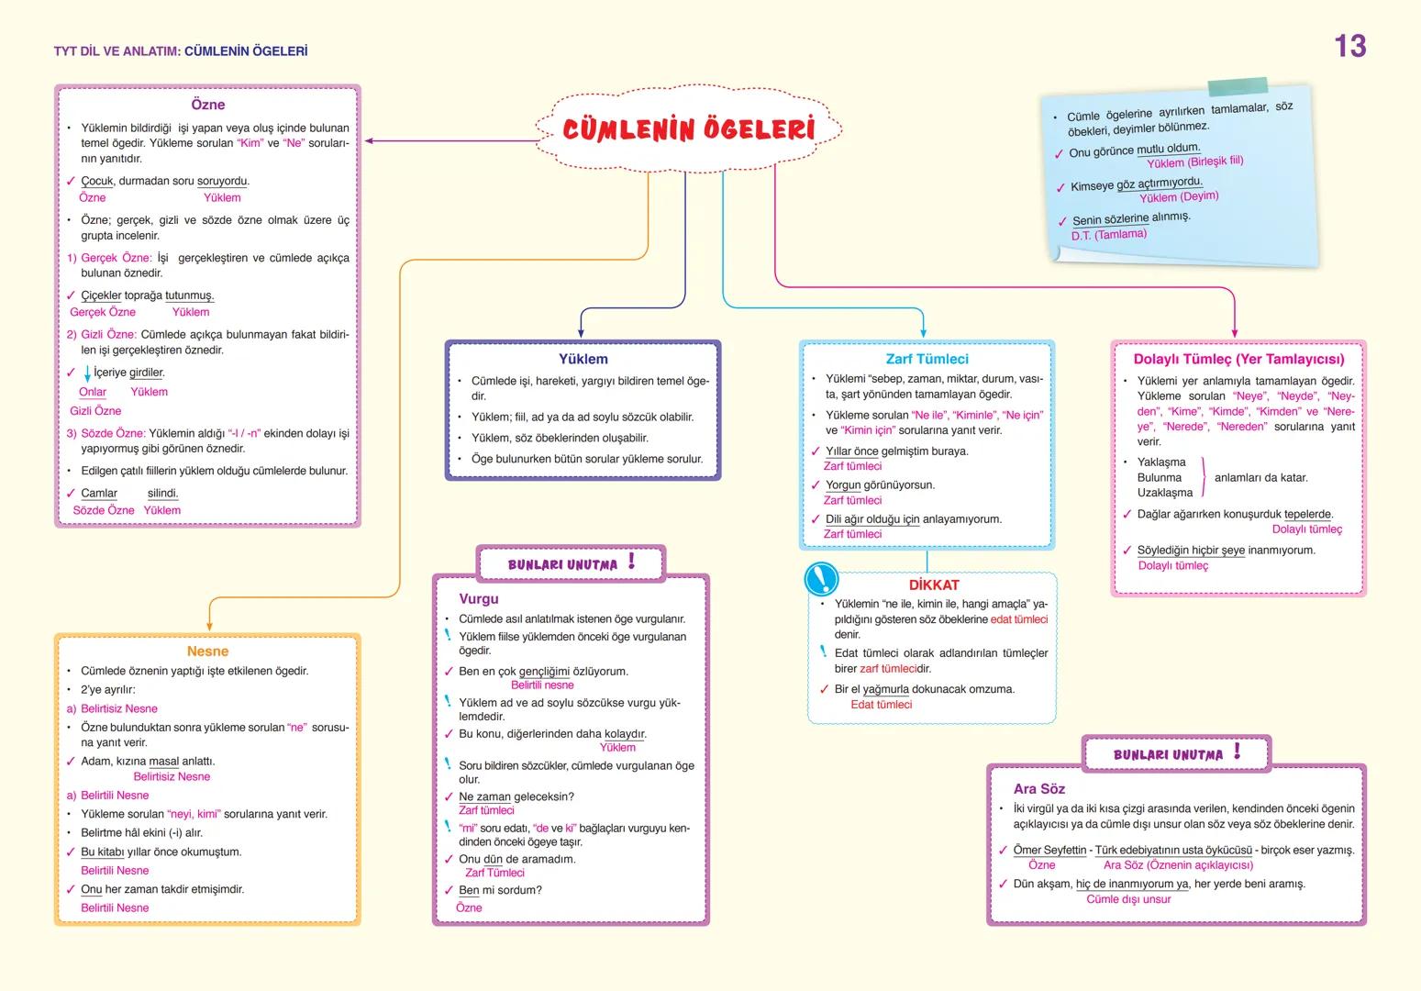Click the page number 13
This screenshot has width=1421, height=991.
pos(1349,47)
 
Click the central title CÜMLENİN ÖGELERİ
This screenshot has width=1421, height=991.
pos(688,129)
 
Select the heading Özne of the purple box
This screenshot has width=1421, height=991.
pos(208,106)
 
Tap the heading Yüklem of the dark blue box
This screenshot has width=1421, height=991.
pos(583,359)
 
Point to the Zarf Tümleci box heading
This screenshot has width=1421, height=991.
pos(927,359)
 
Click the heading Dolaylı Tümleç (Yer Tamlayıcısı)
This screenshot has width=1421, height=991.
pos(1238,359)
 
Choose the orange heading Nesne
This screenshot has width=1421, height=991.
pos(207,651)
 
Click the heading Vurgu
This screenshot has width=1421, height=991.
pos(479,599)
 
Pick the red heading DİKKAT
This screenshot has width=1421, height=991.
pos(934,585)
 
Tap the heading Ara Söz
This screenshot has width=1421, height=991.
pos(1039,789)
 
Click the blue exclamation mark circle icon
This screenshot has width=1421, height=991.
pos(821,579)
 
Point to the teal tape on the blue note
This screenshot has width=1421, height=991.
pos(1238,87)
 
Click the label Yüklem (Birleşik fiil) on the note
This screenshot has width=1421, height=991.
pos(1194,162)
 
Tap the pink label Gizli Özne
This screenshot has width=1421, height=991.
pos(95,411)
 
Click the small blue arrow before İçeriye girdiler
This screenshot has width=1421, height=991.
pos(87,373)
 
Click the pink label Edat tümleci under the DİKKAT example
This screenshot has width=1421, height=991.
pos(881,705)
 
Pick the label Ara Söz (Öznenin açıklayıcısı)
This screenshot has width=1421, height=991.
pos(1178,865)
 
